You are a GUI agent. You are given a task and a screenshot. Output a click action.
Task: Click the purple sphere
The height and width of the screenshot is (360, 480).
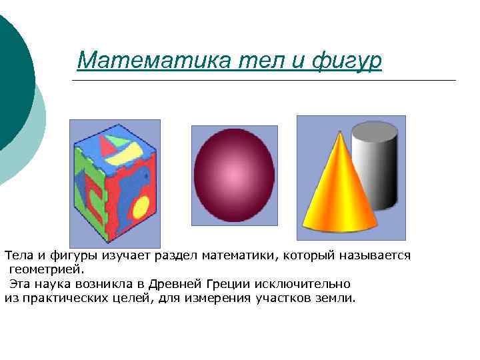pos(234,175)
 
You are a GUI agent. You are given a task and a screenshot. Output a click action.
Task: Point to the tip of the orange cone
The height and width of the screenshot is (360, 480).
pos(339,133)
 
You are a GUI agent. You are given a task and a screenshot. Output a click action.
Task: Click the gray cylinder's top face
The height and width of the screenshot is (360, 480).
pos(374,130)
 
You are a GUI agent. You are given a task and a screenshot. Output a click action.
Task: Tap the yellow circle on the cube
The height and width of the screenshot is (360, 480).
pos(141,207)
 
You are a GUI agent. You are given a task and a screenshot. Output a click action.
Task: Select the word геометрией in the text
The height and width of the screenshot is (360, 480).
pos(47,269)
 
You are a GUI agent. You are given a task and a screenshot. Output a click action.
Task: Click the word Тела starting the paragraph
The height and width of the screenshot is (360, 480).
pos(18,255)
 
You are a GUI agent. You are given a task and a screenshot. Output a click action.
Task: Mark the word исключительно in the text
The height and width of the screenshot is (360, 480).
pos(313,284)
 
